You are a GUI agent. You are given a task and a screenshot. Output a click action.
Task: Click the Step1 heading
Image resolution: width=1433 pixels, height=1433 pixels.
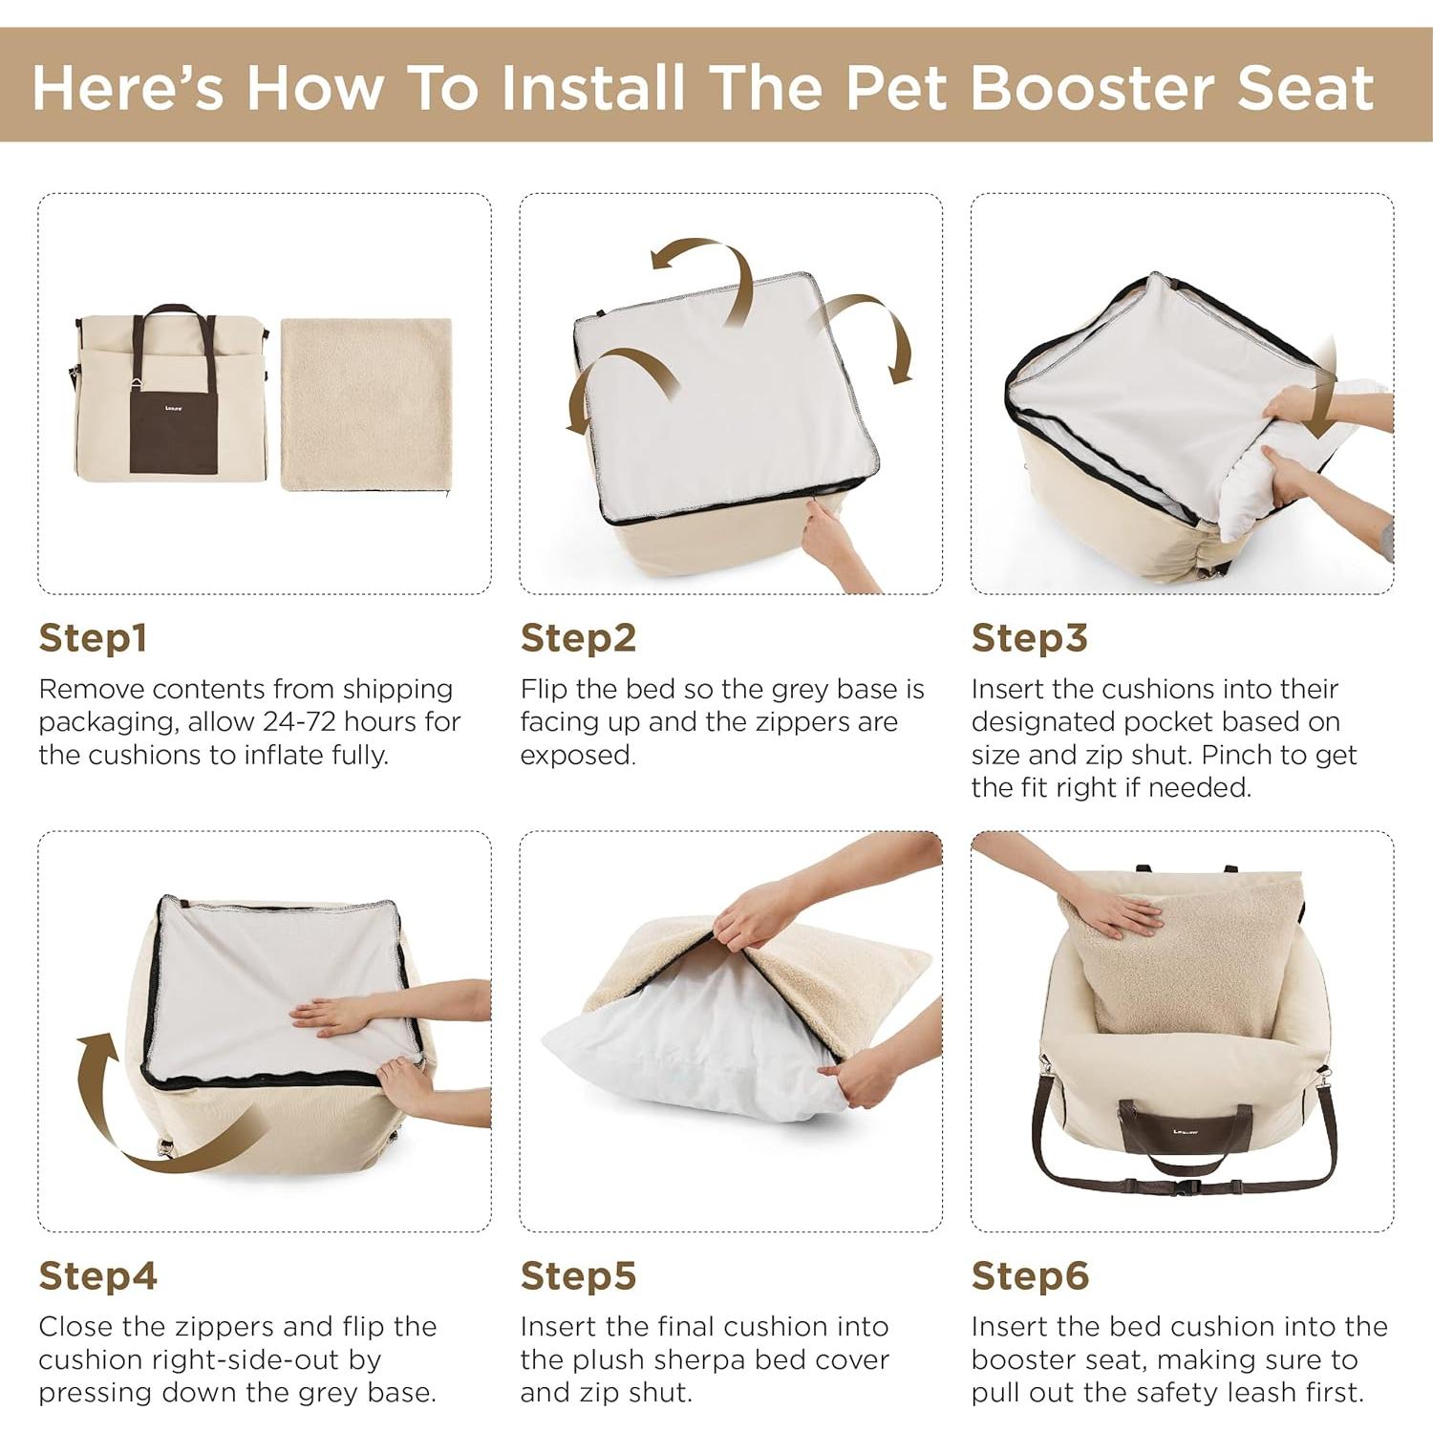(x=93, y=638)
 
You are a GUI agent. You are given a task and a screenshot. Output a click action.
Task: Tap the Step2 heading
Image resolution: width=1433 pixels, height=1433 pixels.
(x=578, y=638)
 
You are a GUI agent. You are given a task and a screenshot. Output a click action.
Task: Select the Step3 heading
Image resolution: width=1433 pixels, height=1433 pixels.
(x=1029, y=638)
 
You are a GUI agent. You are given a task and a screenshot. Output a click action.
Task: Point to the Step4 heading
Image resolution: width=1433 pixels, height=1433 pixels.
(x=97, y=1275)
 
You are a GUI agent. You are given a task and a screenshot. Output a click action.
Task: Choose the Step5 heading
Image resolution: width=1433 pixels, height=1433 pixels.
(x=578, y=1275)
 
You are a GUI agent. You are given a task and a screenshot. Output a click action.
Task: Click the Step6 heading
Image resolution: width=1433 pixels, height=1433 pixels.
(x=1030, y=1275)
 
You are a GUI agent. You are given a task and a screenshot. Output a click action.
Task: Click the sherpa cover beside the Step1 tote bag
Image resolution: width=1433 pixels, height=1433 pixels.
(x=366, y=403)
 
